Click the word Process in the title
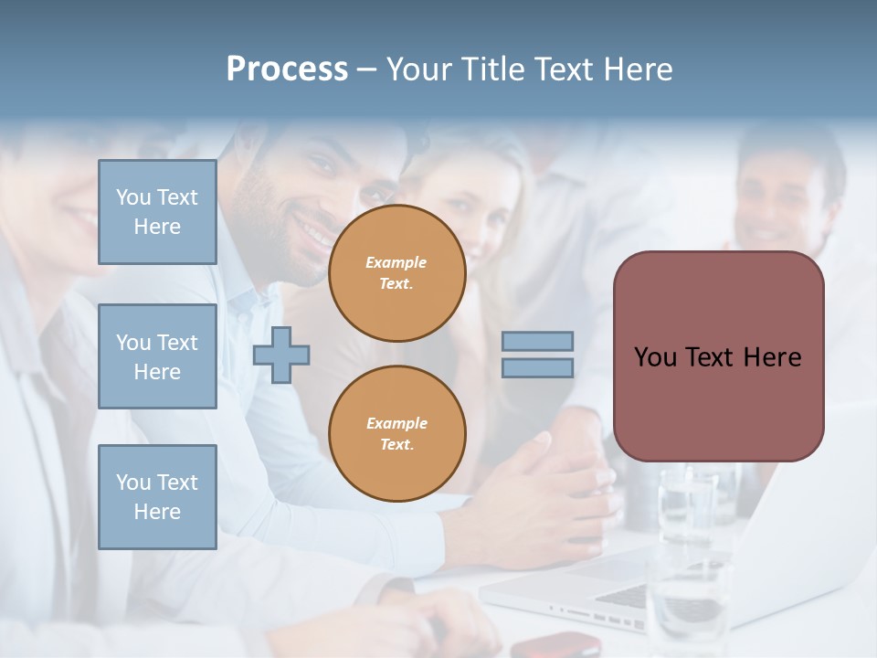coord(287,69)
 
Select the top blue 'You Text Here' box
coord(157,212)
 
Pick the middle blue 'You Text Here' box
coord(157,356)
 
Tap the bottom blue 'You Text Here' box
coord(157,497)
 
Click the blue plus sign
coord(281,355)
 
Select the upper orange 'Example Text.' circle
coord(396,273)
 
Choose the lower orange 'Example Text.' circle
coord(396,434)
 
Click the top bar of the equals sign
coord(537,342)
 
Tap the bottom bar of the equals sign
coord(537,367)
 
